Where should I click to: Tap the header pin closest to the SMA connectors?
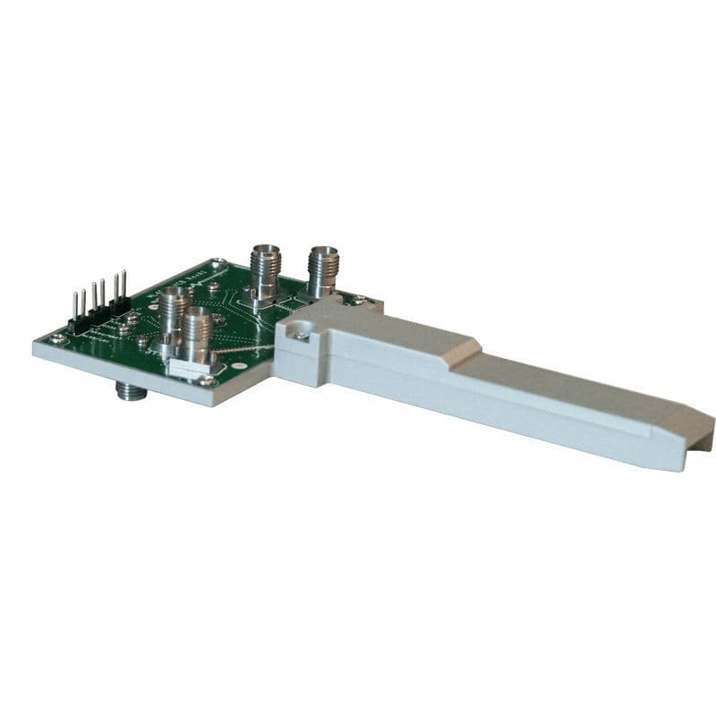coord(124,285)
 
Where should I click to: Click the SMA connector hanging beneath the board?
coord(131,390)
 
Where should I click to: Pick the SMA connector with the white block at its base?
coord(198,336)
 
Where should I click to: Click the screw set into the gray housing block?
coord(302,335)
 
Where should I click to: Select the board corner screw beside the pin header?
coord(59,338)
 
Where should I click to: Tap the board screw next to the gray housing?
coord(357,301)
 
